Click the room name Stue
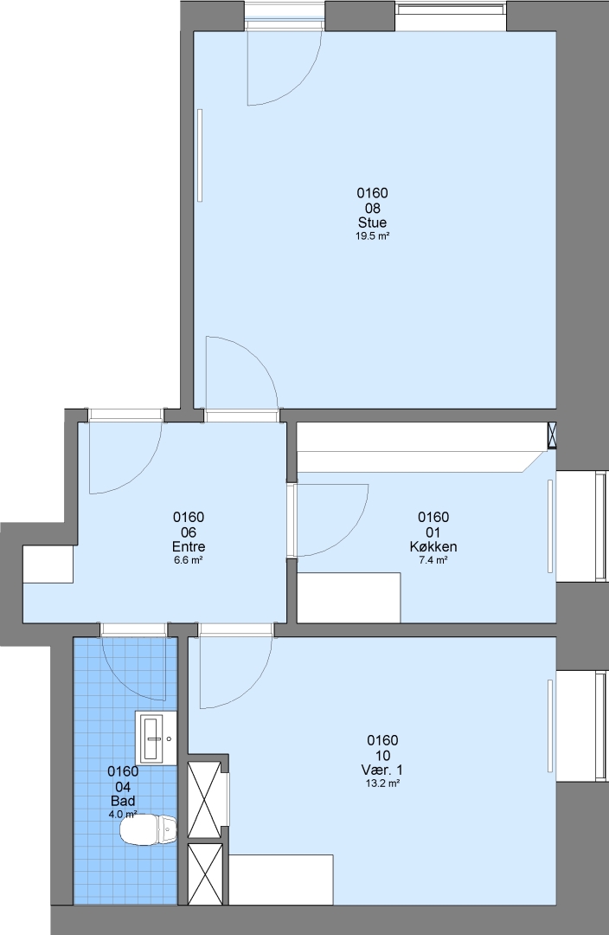[x=373, y=223]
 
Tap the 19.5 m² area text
[x=373, y=236]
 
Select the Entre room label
[x=189, y=547]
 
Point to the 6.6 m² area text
[x=189, y=560]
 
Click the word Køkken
[x=433, y=547]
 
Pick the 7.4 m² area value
[x=433, y=560]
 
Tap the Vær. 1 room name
[x=382, y=771]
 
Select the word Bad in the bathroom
[x=123, y=801]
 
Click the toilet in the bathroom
[x=149, y=830]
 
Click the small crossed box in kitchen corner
[x=553, y=435]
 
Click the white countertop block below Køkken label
[x=349, y=597]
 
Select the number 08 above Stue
[x=373, y=208]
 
